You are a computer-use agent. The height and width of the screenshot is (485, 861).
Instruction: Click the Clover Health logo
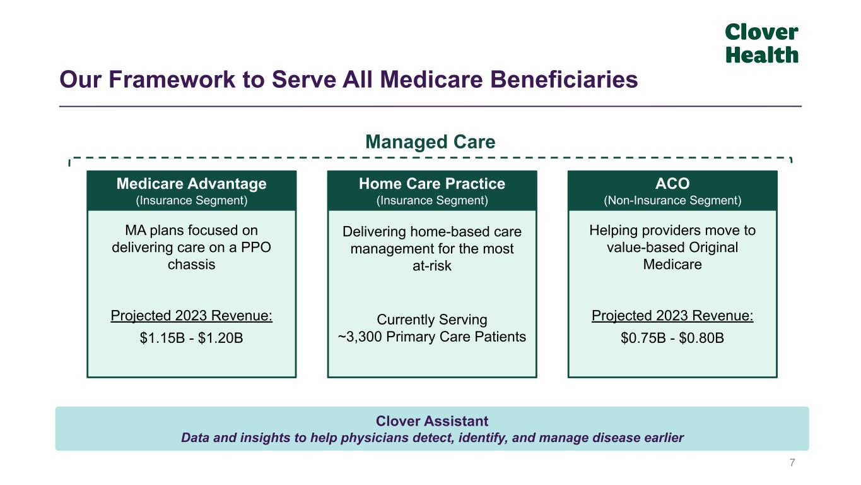tap(761, 43)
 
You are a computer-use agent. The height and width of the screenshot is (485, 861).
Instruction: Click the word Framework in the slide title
tap(172, 80)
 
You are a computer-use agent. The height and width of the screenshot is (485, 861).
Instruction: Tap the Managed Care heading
tap(430, 141)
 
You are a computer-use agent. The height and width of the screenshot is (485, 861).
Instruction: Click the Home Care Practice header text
tap(432, 184)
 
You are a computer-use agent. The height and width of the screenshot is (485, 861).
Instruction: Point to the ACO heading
tap(672, 184)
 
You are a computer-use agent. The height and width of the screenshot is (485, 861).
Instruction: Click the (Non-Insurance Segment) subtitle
tap(672, 201)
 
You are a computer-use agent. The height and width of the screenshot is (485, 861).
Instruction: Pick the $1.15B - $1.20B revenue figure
tap(191, 338)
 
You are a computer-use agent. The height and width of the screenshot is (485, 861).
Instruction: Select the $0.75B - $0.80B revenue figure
tap(672, 338)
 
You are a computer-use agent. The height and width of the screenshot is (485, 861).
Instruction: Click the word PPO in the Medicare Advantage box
tap(256, 248)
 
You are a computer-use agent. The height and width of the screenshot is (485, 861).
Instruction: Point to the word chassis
tap(191, 265)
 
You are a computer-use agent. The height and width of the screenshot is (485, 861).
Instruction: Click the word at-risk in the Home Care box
tap(432, 266)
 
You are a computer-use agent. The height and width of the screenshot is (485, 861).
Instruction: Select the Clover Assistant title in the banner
tap(432, 421)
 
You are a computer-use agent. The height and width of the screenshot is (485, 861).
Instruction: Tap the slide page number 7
tap(792, 463)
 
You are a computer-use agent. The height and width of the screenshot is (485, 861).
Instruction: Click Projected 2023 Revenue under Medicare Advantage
tap(191, 316)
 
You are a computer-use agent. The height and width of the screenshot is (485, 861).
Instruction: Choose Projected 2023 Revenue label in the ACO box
tap(672, 316)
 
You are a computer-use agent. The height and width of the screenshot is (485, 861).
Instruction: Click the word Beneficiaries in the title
tap(564, 80)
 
